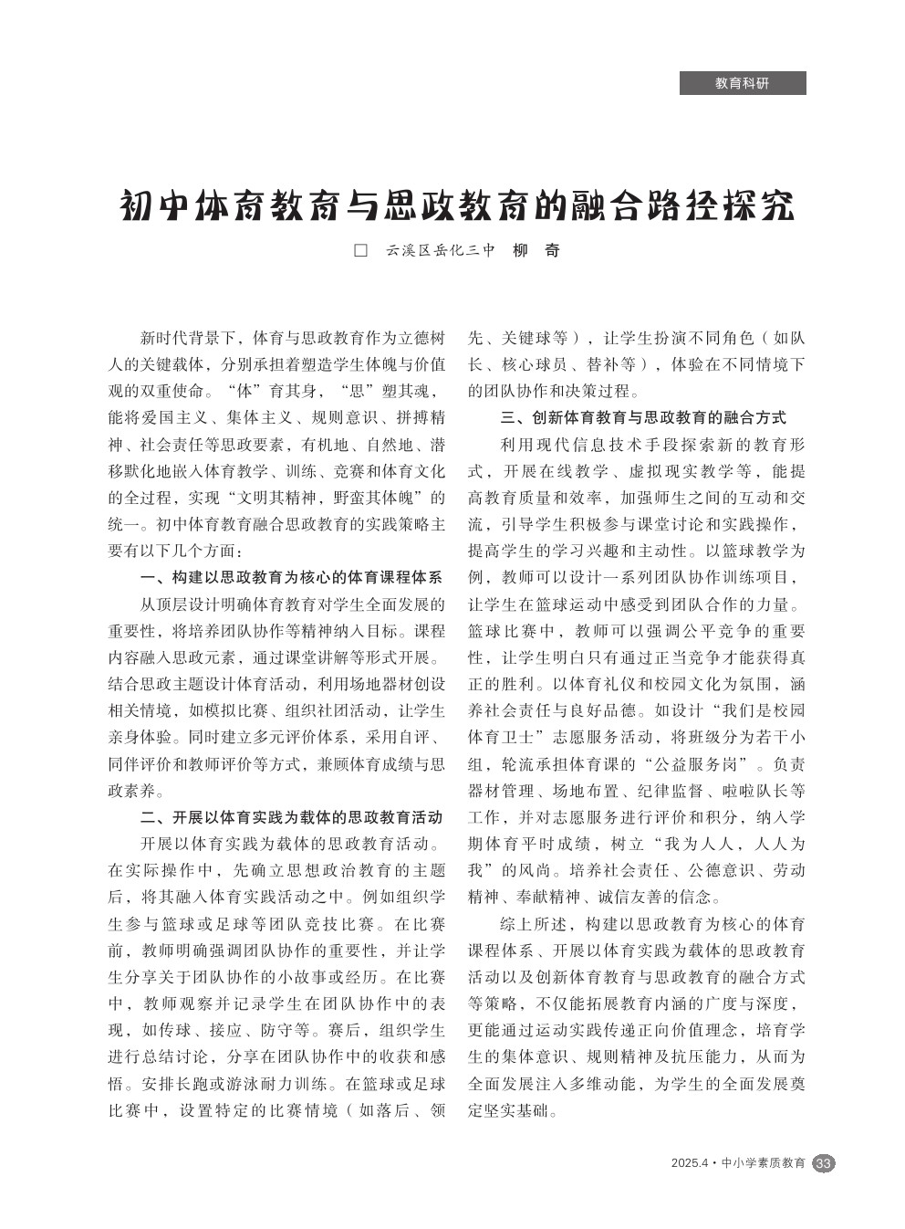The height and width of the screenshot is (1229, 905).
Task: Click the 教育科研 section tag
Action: pos(742,83)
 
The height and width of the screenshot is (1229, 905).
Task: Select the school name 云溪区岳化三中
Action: pos(439,250)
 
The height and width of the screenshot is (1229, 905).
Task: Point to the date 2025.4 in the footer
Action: pos(689,1163)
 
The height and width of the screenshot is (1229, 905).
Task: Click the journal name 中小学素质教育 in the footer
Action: pos(764,1163)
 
